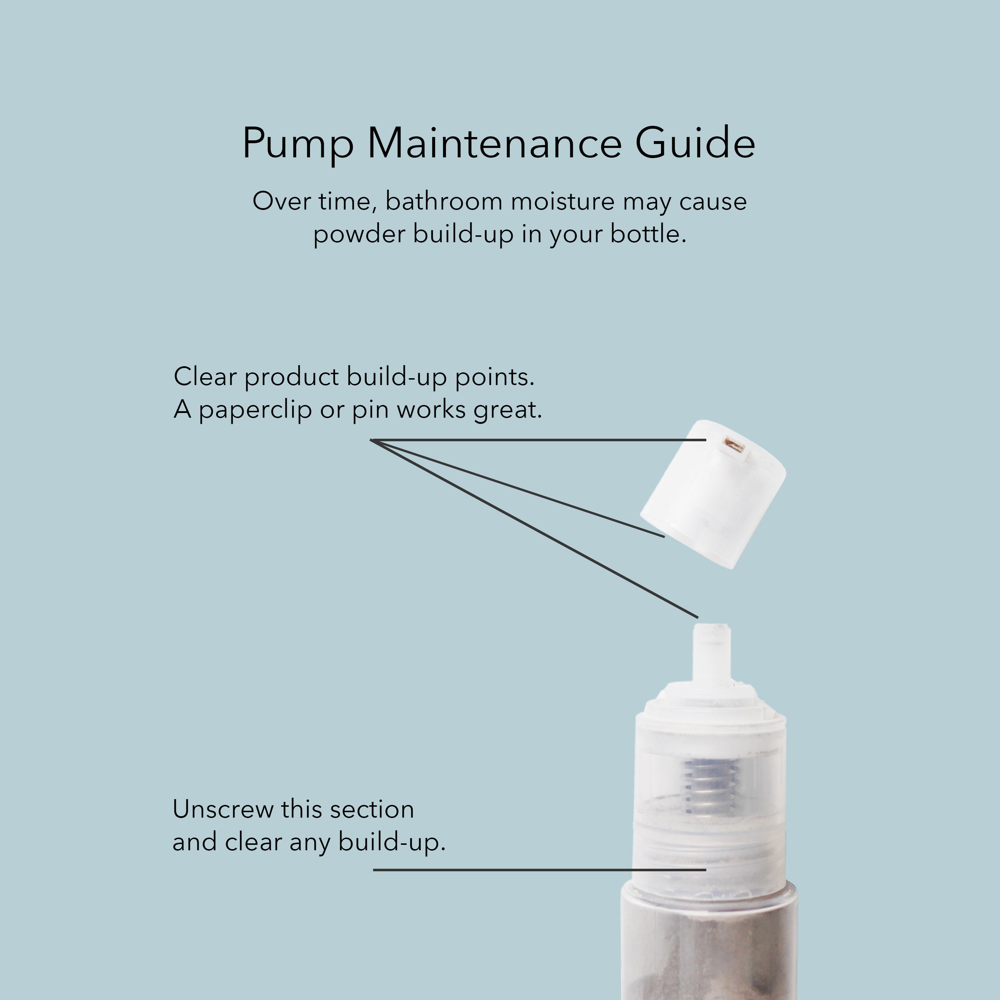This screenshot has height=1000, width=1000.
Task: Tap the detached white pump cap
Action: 713,494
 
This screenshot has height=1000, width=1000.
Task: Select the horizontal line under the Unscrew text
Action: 539,870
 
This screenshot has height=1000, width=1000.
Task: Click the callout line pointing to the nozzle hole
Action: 538,440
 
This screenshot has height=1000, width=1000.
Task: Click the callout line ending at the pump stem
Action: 534,529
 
